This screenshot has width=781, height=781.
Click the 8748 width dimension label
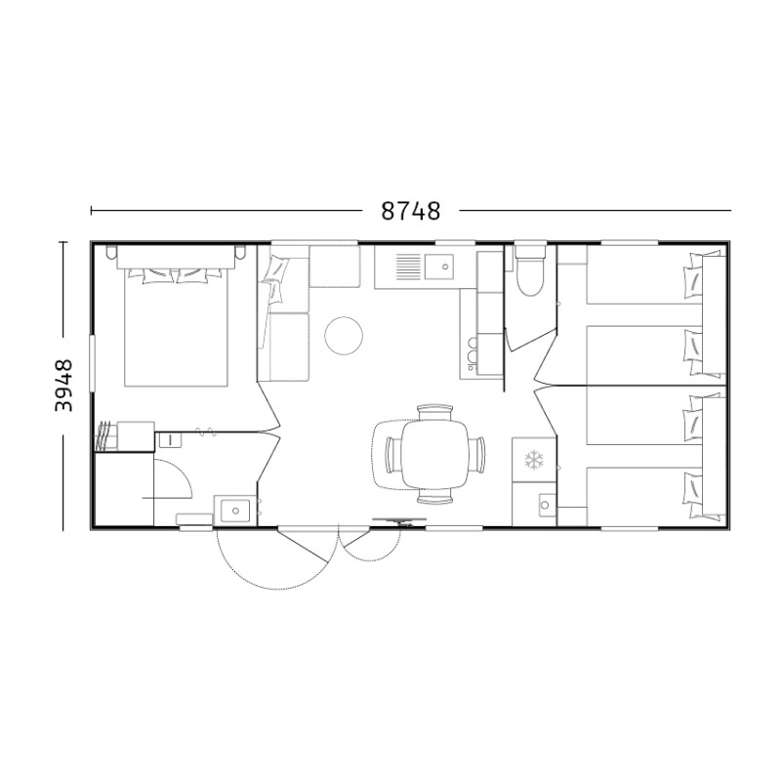[411, 211]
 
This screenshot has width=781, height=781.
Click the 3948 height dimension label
[63, 386]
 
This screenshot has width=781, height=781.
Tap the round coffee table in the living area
[344, 336]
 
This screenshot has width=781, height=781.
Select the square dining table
[434, 454]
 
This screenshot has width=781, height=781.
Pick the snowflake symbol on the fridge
[534, 460]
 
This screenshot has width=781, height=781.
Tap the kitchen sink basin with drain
[439, 266]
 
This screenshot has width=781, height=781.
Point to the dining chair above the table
[434, 413]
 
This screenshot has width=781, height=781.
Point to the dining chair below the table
[434, 496]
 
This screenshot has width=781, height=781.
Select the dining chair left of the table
[393, 454]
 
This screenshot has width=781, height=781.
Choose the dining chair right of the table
[476, 454]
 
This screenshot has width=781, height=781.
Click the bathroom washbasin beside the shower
[234, 510]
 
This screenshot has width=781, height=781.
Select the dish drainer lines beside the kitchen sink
[409, 267]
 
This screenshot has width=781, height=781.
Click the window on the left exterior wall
[92, 362]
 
